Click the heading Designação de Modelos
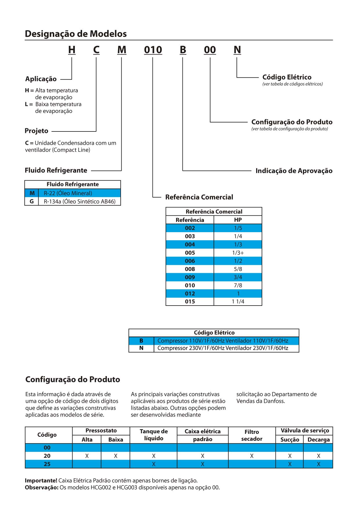[x=76, y=34]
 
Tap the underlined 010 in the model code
[x=153, y=50]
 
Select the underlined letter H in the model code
[x=72, y=50]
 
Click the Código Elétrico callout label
[x=287, y=77]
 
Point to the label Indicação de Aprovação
[x=294, y=171]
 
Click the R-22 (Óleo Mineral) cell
[x=68, y=193]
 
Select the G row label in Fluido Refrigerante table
[x=32, y=201]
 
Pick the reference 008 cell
[x=190, y=269]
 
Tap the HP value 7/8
[x=238, y=285]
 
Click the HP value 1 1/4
[x=238, y=302]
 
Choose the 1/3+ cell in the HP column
[x=238, y=253]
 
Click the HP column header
[x=238, y=220]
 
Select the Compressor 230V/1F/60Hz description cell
[x=223, y=348]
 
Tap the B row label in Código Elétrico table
[x=141, y=341]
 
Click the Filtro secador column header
[x=252, y=435]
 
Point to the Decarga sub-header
[x=318, y=440]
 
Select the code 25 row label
[x=47, y=464]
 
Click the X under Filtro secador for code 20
[x=252, y=456]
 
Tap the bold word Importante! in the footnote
[x=41, y=481]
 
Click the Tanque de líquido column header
[x=153, y=435]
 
